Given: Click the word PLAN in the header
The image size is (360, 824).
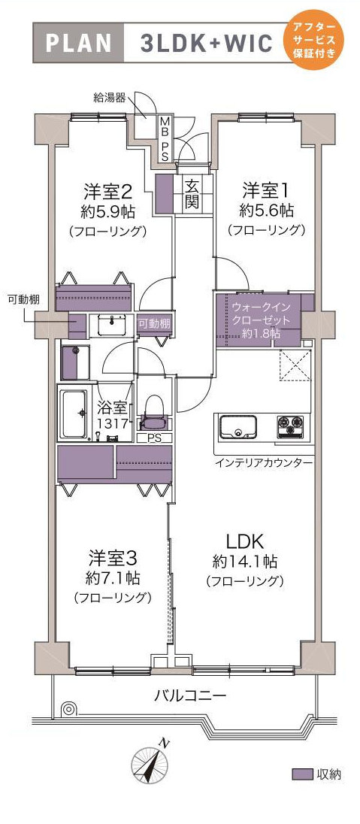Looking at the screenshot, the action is [x=80, y=43].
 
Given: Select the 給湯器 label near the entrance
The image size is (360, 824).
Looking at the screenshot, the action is [x=109, y=98].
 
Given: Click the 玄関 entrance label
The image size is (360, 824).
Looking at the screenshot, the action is [x=192, y=193].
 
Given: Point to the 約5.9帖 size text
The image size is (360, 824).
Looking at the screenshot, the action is [x=108, y=212].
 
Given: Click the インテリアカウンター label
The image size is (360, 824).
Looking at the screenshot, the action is [x=264, y=463].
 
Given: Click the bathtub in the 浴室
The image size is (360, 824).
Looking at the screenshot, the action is [x=76, y=414].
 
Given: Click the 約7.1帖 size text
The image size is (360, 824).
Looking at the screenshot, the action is [x=113, y=579].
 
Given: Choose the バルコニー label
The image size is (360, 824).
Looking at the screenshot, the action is [x=189, y=696].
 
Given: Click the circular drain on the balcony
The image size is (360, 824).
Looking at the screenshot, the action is [x=68, y=709].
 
